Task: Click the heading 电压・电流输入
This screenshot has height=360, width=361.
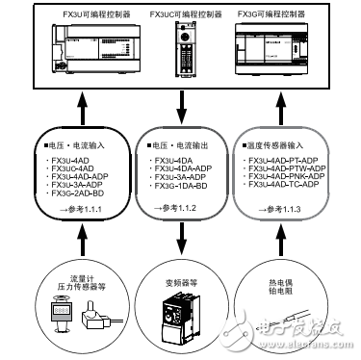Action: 76,146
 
